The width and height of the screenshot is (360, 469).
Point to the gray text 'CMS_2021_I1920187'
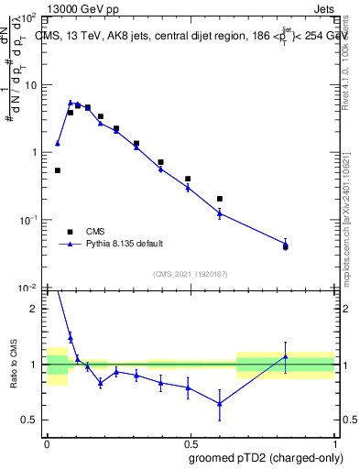[190, 274]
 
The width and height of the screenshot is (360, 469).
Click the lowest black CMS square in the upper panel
[286, 246]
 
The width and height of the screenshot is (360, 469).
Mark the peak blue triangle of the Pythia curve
[71, 104]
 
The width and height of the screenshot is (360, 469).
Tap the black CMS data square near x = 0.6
[220, 199]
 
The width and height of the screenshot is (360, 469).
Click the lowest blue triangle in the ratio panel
[220, 404]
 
